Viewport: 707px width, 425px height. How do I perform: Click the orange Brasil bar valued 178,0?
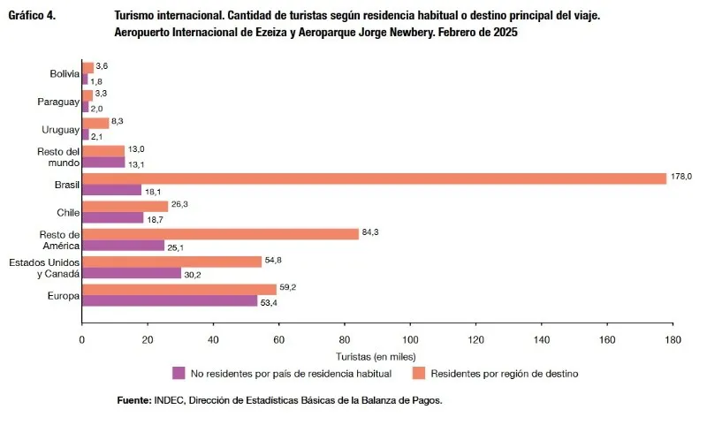[374, 178]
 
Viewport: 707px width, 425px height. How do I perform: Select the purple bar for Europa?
[170, 301]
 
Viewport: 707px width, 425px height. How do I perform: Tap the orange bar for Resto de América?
[220, 233]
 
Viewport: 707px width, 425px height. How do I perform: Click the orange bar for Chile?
[125, 206]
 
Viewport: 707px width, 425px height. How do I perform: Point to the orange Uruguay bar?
[95, 124]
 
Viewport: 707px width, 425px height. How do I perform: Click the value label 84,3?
[371, 233]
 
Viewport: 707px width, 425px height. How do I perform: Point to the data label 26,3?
[180, 204]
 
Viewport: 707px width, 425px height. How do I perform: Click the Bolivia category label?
[64, 73]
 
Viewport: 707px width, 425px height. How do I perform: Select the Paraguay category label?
[58, 102]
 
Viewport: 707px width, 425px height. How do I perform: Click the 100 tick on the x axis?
[410, 338]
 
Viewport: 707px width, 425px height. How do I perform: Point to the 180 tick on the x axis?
[673, 338]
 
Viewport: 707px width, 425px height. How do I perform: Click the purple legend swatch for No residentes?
[178, 373]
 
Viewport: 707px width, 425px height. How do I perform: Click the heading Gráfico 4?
[33, 16]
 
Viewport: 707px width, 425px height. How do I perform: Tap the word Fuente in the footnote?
[133, 401]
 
